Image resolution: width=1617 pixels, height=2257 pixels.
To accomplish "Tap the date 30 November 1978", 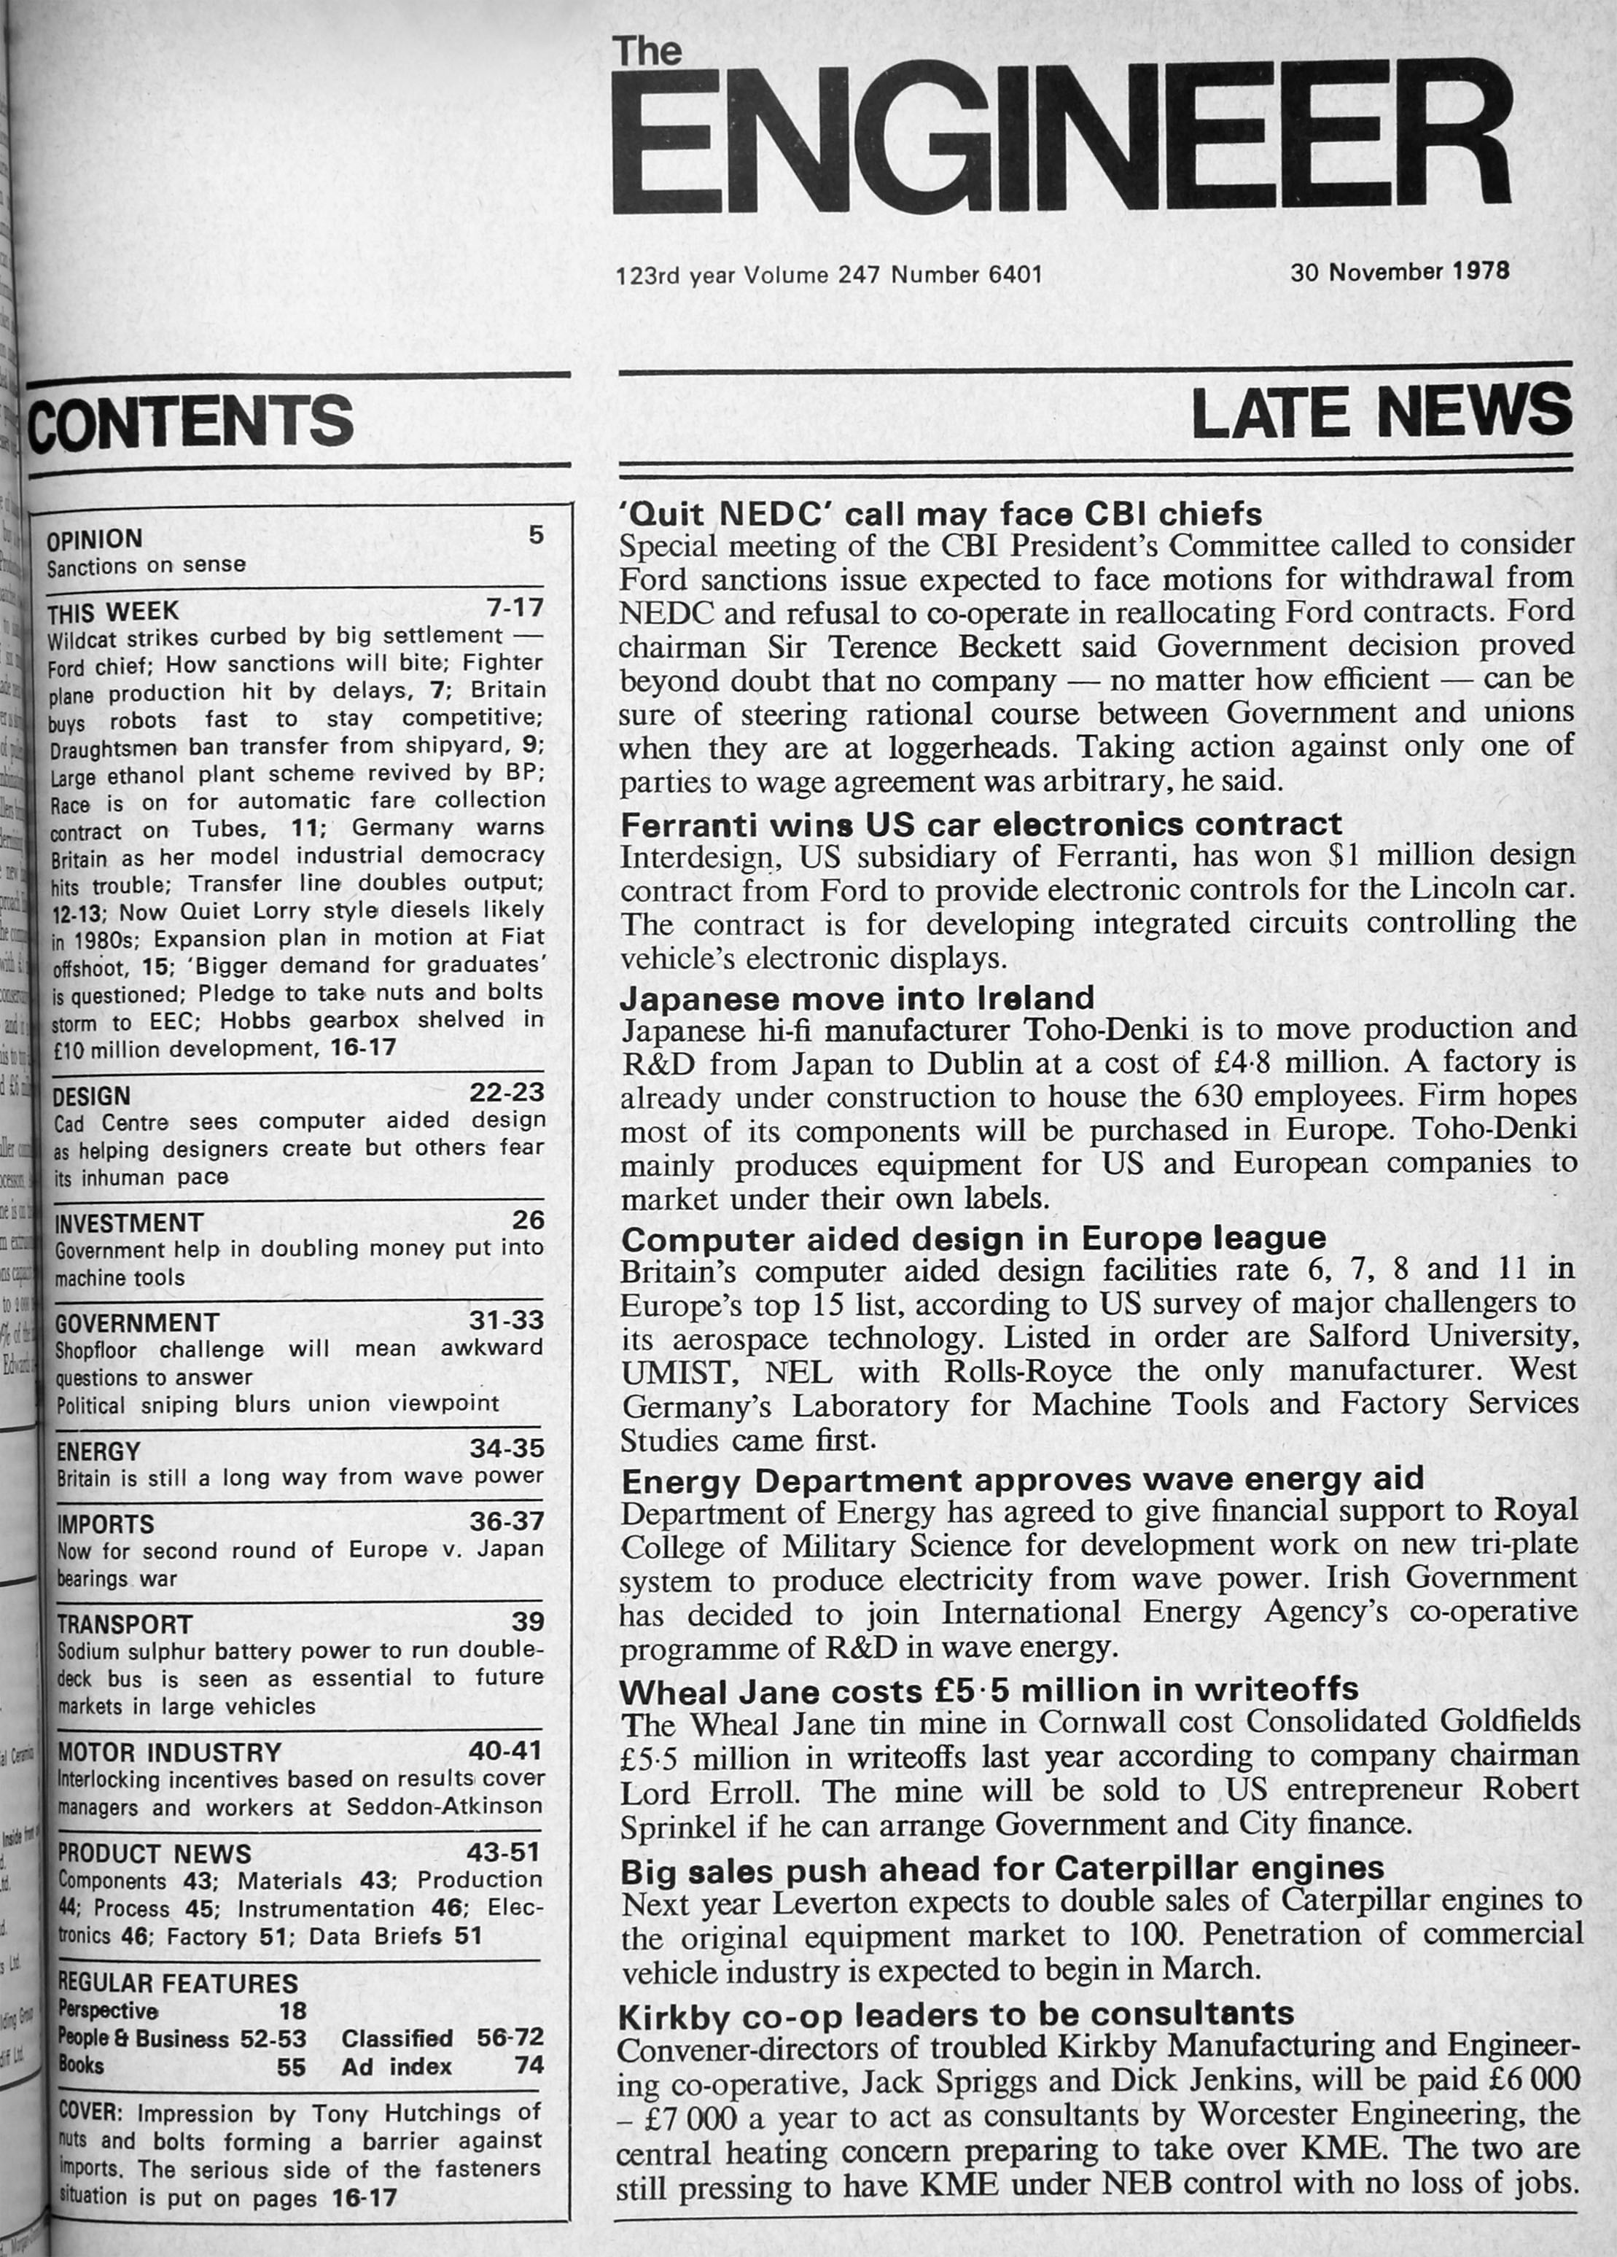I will [1400, 270].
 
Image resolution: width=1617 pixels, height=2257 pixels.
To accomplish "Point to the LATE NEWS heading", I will [1382, 411].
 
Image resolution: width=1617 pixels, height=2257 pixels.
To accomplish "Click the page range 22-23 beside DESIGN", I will [507, 1091].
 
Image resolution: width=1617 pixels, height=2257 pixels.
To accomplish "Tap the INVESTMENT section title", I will [128, 1222].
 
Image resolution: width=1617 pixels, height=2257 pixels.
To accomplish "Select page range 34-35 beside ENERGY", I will [507, 1447].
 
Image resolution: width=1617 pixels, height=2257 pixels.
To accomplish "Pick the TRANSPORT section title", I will [125, 1624].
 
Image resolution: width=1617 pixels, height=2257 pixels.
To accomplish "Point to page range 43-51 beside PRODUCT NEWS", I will [504, 1852].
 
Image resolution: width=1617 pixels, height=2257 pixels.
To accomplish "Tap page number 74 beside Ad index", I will [529, 2065].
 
